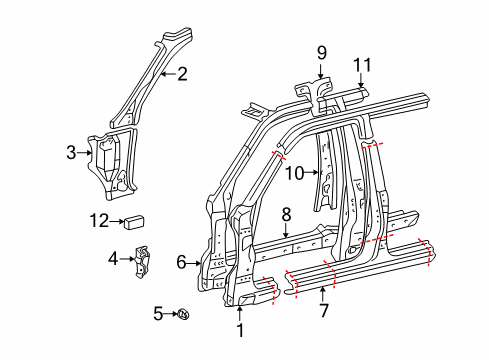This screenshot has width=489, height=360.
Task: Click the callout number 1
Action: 240,330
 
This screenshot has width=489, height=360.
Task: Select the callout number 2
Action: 182,74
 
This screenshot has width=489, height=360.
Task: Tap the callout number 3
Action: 71,153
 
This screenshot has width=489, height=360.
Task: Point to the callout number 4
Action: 113,259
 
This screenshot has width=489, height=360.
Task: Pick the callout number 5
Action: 158,313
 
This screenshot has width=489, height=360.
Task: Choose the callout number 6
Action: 181,262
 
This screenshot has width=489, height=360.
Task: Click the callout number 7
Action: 323,311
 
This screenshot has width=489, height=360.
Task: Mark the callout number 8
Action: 286,215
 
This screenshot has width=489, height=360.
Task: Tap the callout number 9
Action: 322,53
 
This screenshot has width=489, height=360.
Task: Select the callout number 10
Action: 295,173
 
